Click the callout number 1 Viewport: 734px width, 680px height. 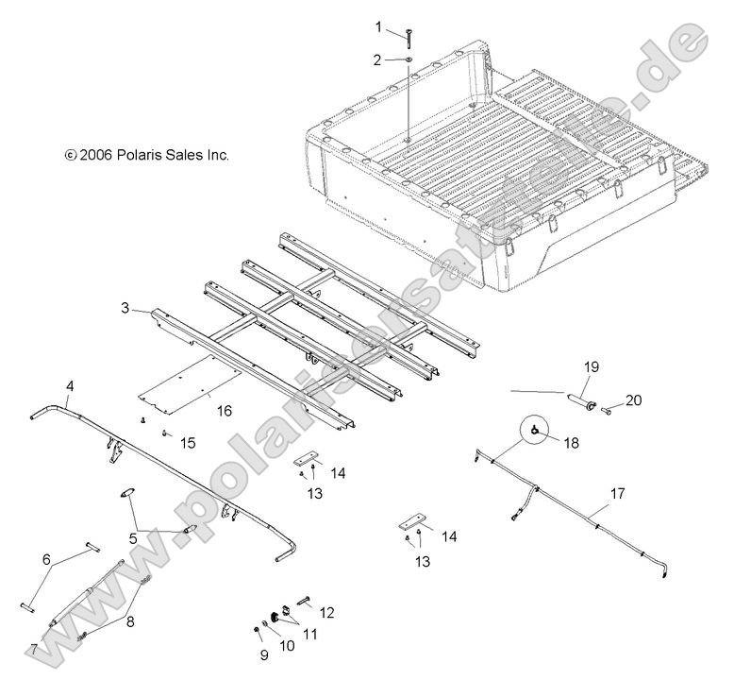pos(379,25)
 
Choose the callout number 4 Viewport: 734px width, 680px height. pos(70,385)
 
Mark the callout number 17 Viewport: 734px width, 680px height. pos(617,492)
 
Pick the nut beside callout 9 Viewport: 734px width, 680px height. pos(257,628)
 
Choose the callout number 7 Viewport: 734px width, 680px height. pos(33,650)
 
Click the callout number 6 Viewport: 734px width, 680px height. pos(47,559)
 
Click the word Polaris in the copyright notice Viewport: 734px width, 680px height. pos(141,155)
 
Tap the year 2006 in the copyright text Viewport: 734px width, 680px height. pos(95,155)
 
